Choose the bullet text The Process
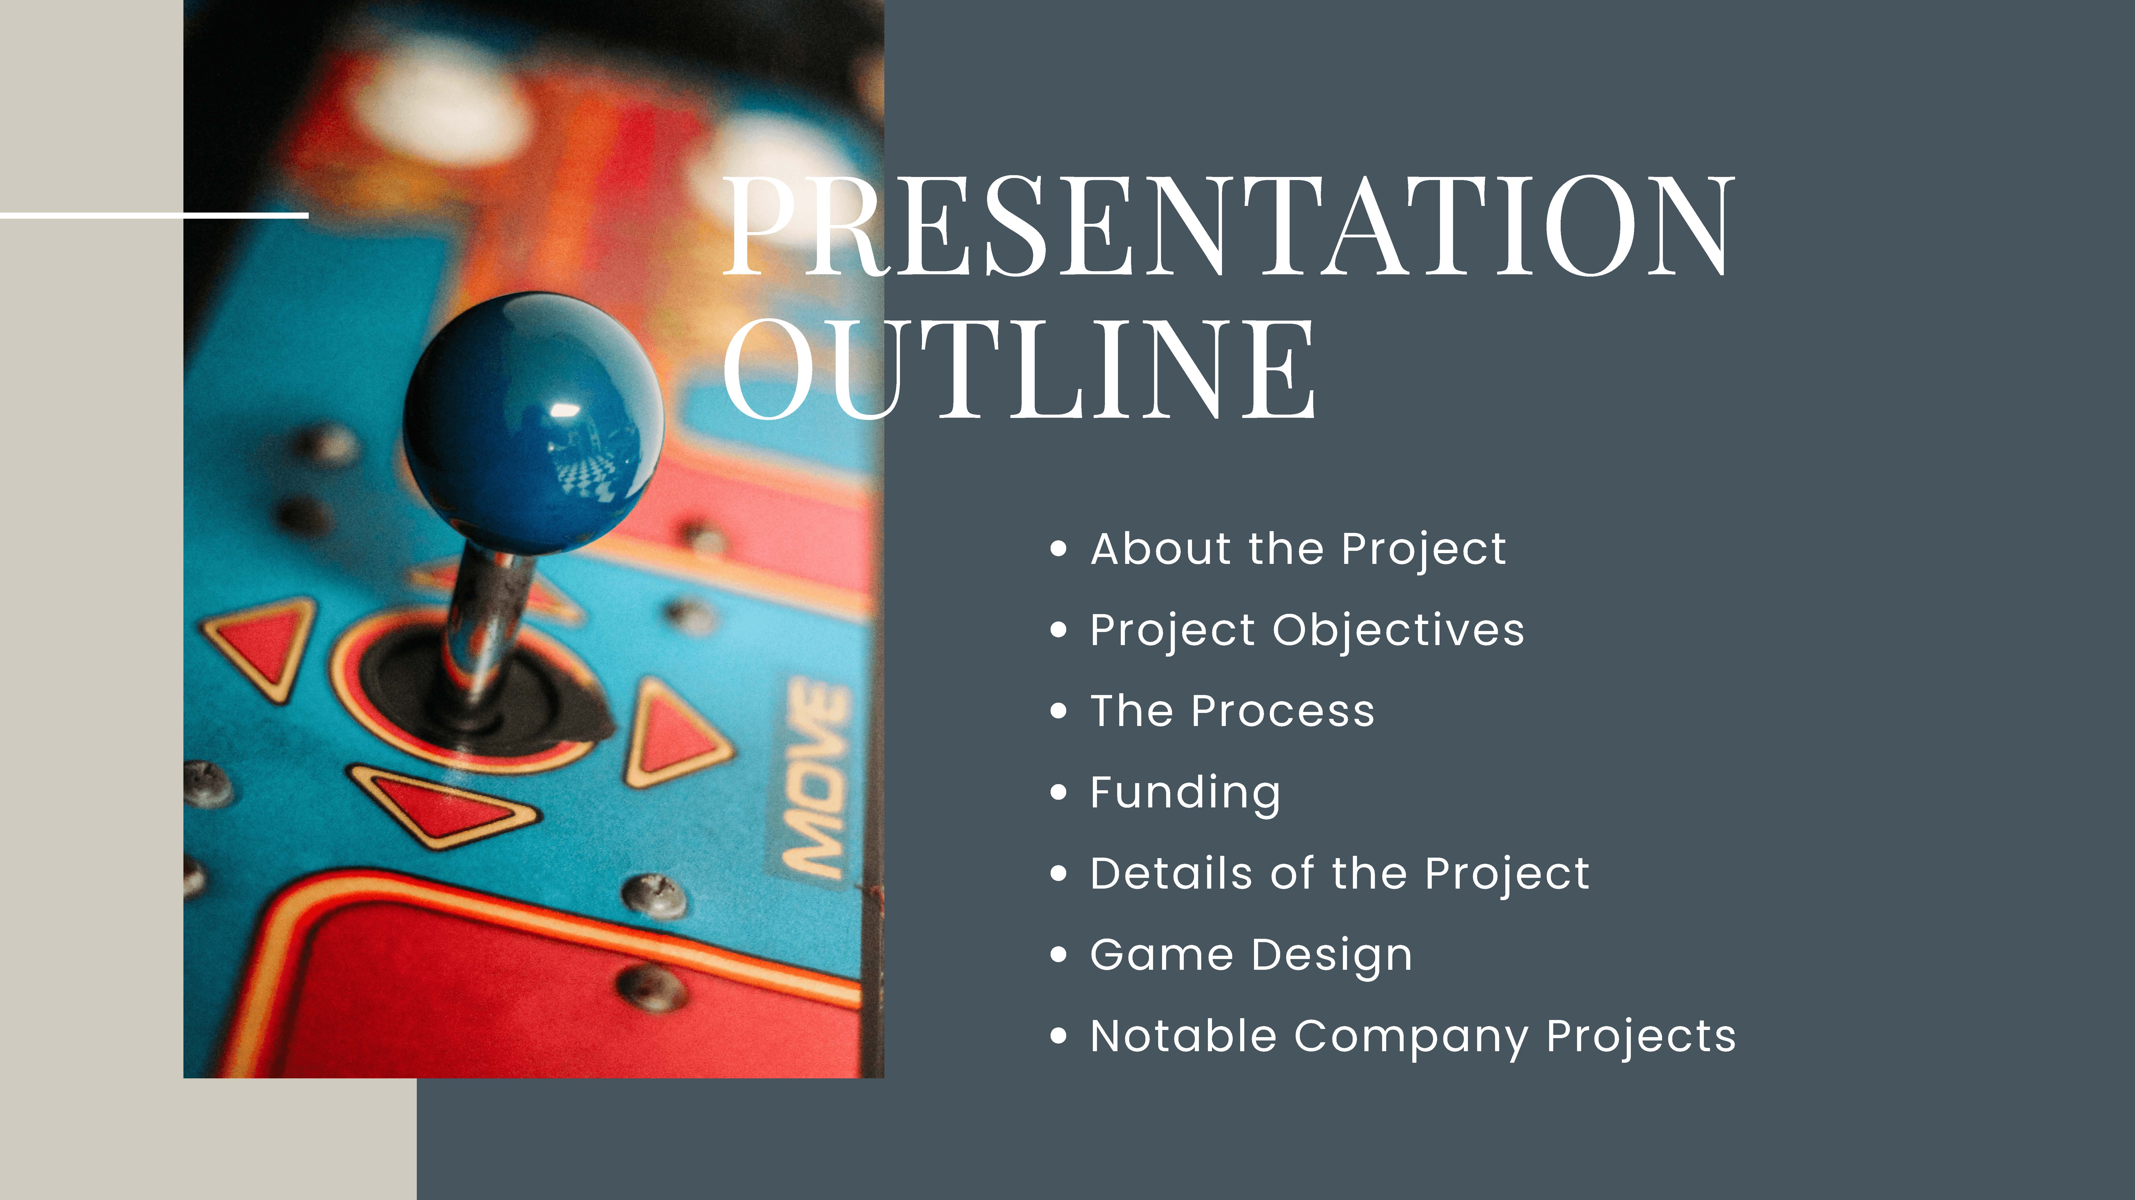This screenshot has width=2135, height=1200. [x=1232, y=711]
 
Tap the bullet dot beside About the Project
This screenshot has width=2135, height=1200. [x=1058, y=550]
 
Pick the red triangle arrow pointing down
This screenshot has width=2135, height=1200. [x=443, y=804]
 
